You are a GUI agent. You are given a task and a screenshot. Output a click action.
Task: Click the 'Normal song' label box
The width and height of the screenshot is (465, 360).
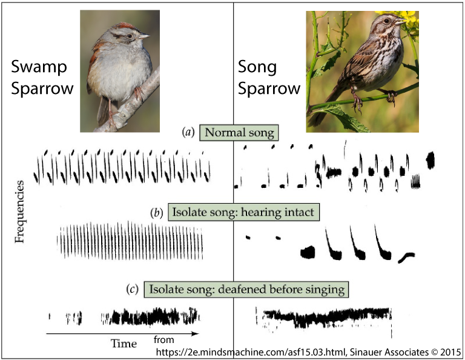point(239,133)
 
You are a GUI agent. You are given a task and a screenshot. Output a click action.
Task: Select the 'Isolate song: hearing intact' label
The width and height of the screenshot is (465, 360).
point(243,212)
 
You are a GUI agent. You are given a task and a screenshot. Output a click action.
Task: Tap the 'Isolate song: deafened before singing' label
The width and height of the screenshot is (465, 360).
point(246,289)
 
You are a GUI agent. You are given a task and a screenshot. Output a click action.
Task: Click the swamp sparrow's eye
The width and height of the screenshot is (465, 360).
point(130,36)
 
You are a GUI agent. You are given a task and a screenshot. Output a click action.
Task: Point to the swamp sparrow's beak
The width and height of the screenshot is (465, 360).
point(144,36)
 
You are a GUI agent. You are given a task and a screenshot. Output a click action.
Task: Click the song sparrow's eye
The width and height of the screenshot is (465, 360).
point(386,21)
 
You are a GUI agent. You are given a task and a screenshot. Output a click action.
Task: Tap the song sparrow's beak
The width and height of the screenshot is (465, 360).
point(401,21)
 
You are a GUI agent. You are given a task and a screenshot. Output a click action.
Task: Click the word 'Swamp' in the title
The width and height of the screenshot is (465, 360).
point(39,67)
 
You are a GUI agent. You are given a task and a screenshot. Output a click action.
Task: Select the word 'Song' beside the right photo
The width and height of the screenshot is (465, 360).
point(257,67)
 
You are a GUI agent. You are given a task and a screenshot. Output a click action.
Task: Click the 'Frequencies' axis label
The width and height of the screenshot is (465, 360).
point(19,212)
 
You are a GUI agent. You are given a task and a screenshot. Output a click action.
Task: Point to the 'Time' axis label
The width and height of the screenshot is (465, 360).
point(124,344)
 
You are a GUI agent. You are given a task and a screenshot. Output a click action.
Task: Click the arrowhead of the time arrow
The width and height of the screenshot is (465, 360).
point(195,334)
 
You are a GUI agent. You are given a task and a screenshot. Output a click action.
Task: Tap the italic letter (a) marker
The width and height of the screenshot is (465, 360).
point(188,132)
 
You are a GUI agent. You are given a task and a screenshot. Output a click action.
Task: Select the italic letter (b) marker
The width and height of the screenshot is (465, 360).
point(157,213)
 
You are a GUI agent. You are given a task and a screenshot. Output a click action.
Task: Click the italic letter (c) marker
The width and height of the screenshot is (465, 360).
point(132,289)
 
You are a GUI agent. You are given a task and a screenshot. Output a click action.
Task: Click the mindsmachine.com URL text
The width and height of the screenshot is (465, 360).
point(251,352)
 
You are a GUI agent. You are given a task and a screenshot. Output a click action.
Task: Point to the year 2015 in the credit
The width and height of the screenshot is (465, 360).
point(450,352)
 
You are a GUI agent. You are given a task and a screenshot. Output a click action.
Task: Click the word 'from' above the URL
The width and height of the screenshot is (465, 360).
point(163,339)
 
